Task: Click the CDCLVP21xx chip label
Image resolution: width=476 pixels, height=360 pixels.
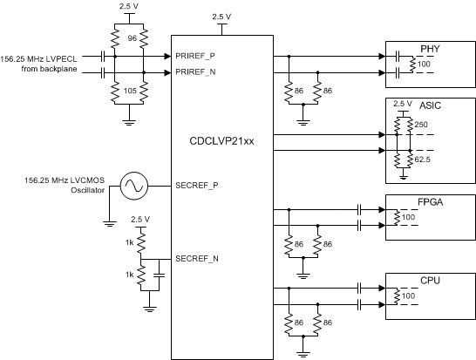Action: pyautogui.click(x=221, y=138)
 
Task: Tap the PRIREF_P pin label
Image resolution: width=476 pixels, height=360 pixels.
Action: pyautogui.click(x=196, y=55)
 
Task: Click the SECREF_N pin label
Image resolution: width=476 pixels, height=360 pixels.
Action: pyautogui.click(x=197, y=258)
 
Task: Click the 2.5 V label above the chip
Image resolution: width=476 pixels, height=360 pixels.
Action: pyautogui.click(x=221, y=15)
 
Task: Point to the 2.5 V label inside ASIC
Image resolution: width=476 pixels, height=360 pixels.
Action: pyautogui.click(x=403, y=104)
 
